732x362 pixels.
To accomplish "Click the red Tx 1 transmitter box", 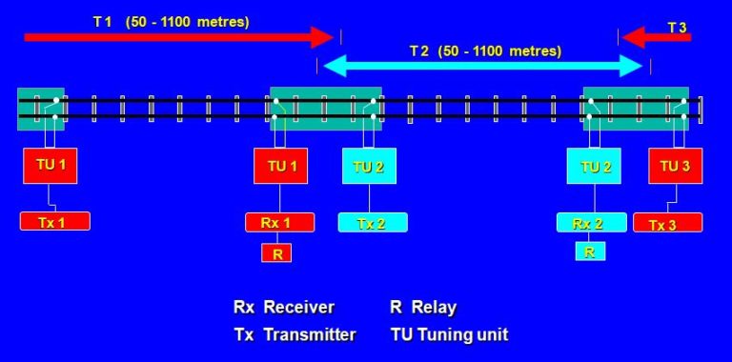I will click(x=54, y=221).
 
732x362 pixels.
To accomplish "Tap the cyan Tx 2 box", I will click(x=373, y=223).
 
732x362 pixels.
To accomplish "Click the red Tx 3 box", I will click(x=667, y=223).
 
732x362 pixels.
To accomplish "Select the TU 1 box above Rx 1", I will click(x=280, y=167).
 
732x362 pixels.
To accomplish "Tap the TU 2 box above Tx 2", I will click(x=370, y=167).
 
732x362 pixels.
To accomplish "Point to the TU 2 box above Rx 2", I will click(x=595, y=167).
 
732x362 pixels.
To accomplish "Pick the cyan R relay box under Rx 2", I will click(x=590, y=251).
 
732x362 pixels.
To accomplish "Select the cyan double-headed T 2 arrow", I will click(x=484, y=66).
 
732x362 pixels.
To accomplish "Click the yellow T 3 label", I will click(x=677, y=27).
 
